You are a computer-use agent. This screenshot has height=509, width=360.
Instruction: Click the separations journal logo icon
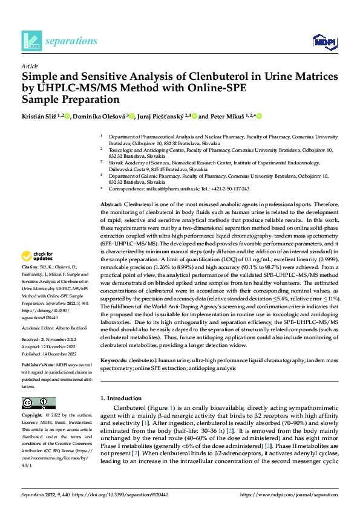31,41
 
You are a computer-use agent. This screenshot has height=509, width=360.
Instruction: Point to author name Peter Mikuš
227,115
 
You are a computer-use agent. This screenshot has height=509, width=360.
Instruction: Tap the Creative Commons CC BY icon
38,403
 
